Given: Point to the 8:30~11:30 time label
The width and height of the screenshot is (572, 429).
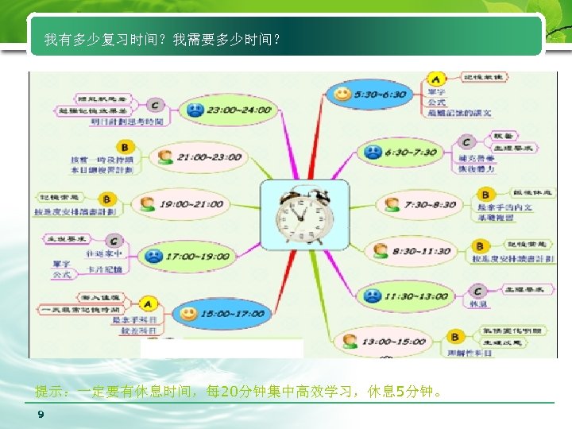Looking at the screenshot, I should point(421,251).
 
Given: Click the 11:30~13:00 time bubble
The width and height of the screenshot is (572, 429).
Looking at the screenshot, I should point(405,296).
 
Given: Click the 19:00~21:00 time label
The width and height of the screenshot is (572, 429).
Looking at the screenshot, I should point(190,204).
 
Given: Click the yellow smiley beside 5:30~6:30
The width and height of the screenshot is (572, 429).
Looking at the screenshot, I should point(342,94).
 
